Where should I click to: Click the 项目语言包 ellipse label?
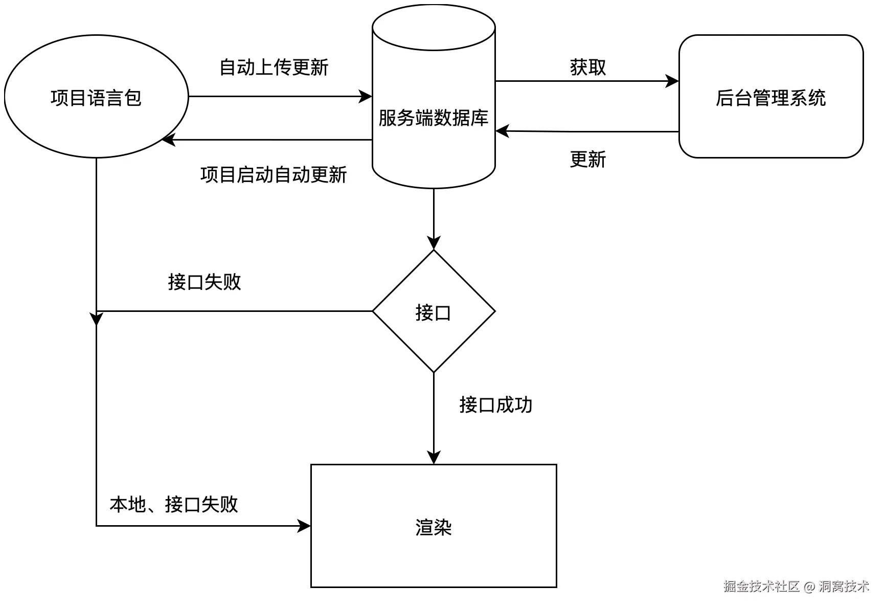[96, 98]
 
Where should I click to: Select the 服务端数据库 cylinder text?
[434, 118]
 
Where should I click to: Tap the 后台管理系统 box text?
[770, 98]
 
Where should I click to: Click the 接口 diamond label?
[434, 312]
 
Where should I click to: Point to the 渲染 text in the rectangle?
[434, 527]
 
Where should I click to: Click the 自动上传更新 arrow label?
[274, 67]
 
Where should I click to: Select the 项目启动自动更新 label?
[274, 175]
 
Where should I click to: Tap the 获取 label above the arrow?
[587, 67]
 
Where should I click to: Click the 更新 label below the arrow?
[587, 160]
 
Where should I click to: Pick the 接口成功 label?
[495, 405]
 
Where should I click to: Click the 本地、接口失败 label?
[174, 504]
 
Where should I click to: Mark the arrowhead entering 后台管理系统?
[672, 81]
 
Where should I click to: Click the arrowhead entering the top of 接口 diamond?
[434, 243]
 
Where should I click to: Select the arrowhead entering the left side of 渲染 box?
[304, 526]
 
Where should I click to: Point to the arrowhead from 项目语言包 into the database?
[366, 96]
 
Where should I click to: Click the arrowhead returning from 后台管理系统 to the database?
[503, 131]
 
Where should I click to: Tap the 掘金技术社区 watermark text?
[761, 586]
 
